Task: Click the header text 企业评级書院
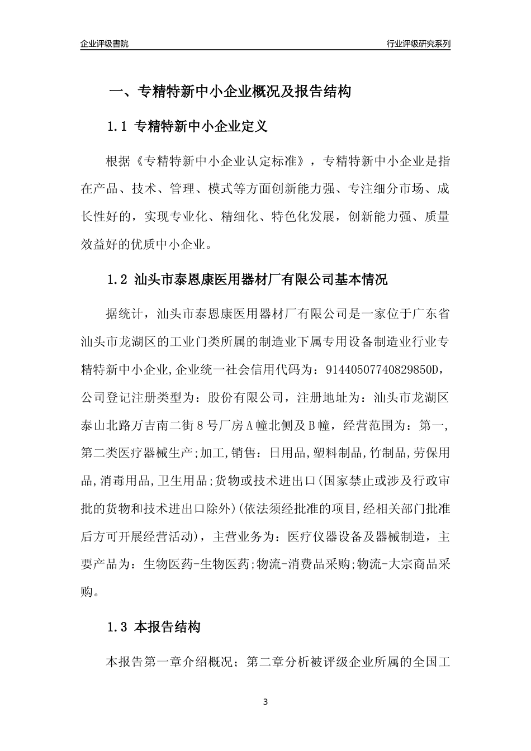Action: (105, 44)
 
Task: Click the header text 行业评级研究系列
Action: (418, 44)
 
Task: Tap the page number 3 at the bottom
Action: (265, 702)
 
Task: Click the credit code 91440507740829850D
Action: (393, 369)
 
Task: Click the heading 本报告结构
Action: (167, 627)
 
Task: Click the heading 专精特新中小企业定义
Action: (201, 127)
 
